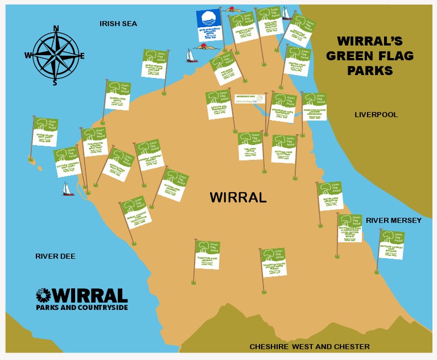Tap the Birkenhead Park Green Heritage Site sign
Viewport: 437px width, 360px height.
(x=250, y=99)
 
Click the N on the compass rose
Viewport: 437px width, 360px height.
(x=56, y=28)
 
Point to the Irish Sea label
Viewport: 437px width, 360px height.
(x=118, y=23)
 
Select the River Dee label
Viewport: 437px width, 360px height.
(x=55, y=256)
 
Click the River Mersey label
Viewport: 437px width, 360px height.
(x=394, y=220)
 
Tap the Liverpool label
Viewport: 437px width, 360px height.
(x=376, y=115)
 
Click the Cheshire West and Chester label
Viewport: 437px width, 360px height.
(x=310, y=346)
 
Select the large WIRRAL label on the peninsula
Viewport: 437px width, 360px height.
(x=238, y=197)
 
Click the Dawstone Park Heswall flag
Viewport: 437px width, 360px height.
(x=208, y=254)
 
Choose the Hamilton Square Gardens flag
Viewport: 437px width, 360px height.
(x=314, y=106)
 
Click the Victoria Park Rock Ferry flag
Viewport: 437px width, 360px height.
(x=284, y=148)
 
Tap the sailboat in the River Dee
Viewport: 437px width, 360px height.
(x=68, y=189)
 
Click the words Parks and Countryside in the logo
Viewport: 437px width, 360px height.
(x=81, y=308)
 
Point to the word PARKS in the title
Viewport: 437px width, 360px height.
(x=370, y=71)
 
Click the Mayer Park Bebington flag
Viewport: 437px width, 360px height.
(x=331, y=196)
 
